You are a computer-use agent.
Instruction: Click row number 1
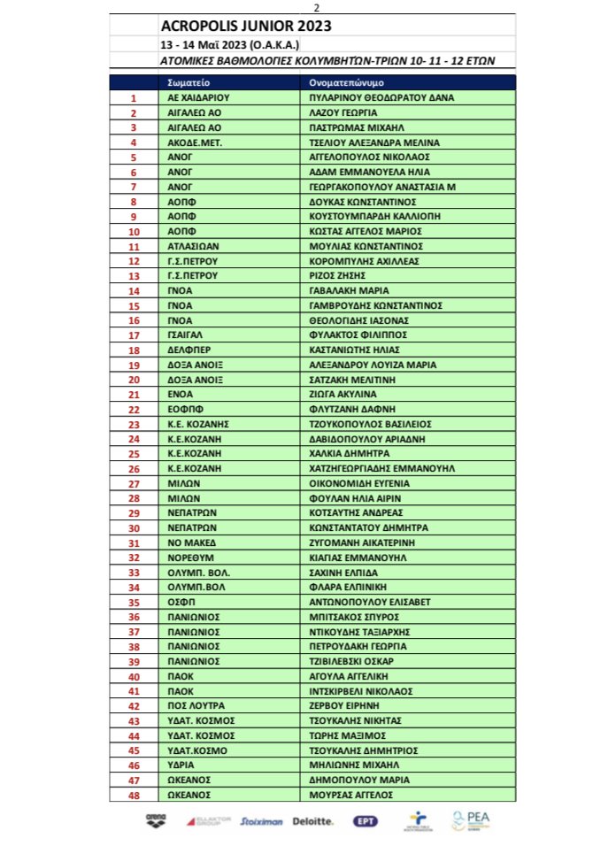(x=134, y=98)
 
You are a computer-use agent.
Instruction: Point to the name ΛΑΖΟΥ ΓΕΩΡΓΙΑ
(x=343, y=113)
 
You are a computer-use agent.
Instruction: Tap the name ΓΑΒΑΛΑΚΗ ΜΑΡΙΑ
(x=346, y=290)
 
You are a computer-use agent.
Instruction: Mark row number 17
(x=134, y=335)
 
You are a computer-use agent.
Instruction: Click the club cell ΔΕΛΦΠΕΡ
(x=188, y=350)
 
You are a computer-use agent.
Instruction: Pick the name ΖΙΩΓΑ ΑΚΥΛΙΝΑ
(x=343, y=394)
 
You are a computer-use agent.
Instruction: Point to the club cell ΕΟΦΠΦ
(x=185, y=409)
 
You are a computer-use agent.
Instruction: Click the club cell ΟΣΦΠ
(x=181, y=602)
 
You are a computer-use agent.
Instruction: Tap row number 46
(x=134, y=765)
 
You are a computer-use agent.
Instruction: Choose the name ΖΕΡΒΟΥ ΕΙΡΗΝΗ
(x=343, y=705)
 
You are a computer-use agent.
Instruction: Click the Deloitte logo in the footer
(x=313, y=821)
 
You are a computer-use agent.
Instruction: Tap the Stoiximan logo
(x=262, y=821)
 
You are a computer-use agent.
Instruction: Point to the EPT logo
(x=363, y=821)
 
